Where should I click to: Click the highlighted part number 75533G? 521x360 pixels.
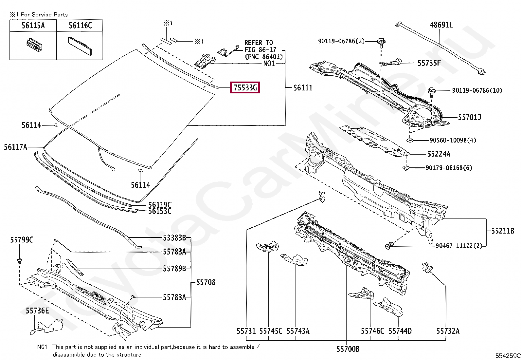coord(245,87)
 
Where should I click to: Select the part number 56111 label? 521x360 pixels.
coord(303,87)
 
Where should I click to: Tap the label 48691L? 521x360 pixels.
coord(441,25)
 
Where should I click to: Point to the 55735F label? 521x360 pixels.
coord(429,63)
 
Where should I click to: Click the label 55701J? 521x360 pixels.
coord(469,117)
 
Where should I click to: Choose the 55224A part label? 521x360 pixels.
coord(439,154)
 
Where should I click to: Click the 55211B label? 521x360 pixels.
coord(503,231)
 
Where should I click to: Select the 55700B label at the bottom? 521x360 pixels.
coord(348,349)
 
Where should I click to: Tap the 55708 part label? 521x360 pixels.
coord(206,282)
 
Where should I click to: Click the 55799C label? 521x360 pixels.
coord(22,240)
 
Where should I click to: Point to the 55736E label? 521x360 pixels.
coord(37,311)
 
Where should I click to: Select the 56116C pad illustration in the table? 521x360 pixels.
coord(80,46)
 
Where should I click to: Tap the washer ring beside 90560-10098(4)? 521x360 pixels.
coord(410,141)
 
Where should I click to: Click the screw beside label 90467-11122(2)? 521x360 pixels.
coord(389,245)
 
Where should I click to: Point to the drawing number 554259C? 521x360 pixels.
coord(508,356)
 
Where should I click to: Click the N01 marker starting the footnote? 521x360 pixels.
coord(42,347)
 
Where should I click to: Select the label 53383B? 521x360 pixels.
coord(174,238)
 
